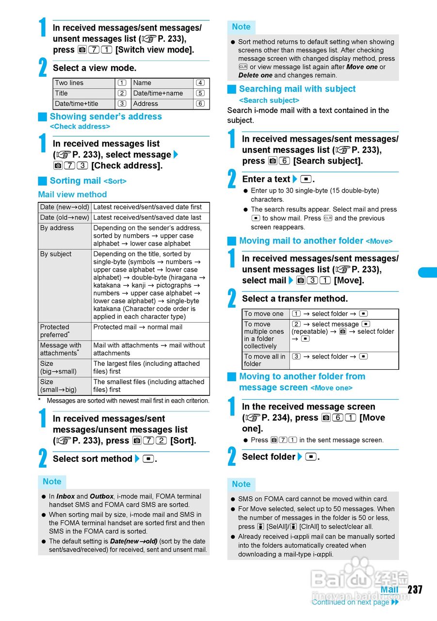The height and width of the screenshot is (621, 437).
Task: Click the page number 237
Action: click(x=415, y=589)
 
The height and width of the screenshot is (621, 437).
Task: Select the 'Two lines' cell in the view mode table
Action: click(x=69, y=83)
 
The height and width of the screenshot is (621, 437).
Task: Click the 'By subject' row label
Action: click(x=56, y=254)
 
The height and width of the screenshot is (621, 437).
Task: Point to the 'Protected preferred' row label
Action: click(x=55, y=331)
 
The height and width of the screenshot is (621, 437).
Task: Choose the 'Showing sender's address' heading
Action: click(x=106, y=116)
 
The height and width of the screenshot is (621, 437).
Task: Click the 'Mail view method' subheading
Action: click(x=72, y=195)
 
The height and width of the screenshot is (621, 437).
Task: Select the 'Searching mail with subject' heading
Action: click(x=297, y=89)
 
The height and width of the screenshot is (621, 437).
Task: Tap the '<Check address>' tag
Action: click(x=80, y=127)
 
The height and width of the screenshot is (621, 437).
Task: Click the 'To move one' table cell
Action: click(x=264, y=314)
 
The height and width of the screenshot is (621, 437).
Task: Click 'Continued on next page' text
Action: click(x=350, y=602)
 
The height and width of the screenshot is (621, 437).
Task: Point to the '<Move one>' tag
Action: click(x=331, y=388)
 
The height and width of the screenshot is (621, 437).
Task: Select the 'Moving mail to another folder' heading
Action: click(x=301, y=241)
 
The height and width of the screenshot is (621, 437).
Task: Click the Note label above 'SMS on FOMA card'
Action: click(x=241, y=484)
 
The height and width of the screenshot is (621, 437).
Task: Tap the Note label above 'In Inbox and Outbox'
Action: click(x=52, y=482)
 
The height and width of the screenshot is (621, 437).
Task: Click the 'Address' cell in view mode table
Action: click(x=146, y=104)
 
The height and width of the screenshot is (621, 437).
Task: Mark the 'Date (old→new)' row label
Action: click(x=65, y=218)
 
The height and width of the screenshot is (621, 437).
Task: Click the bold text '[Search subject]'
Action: click(x=328, y=161)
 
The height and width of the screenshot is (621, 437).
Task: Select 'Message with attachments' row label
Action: click(x=61, y=349)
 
